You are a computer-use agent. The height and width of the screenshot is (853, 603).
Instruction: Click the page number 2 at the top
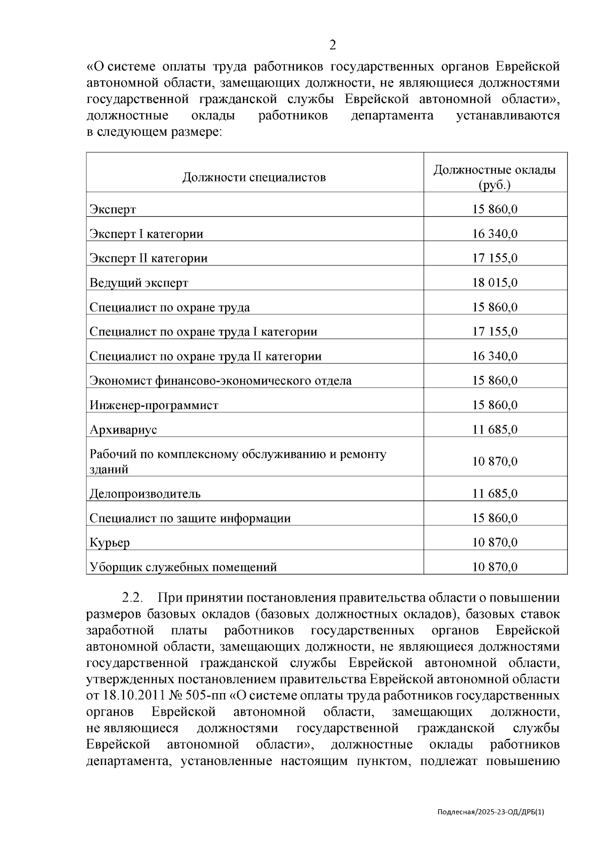pos(332,46)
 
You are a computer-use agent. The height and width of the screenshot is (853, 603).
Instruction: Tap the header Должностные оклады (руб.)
pos(494,177)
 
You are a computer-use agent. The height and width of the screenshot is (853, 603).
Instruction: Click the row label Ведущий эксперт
pos(139,283)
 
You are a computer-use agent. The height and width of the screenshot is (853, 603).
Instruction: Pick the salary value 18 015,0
pos(494,282)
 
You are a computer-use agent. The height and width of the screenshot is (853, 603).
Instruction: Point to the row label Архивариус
pos(123,430)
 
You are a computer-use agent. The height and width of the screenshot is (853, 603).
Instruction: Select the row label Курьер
pos(110,543)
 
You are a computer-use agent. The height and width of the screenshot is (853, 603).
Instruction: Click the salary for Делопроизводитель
pos(494,494)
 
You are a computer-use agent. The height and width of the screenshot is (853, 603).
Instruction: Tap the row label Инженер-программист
pos(154,405)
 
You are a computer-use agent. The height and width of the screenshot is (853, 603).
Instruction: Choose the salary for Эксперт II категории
pos(494,258)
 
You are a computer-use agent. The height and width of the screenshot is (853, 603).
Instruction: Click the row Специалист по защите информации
pos(190,518)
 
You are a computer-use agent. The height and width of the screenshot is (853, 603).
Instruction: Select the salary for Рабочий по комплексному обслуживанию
pos(494,461)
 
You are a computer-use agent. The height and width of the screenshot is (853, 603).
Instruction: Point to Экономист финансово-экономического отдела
pos(221,381)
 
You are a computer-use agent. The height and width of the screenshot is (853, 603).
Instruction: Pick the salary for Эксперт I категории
pos(494,234)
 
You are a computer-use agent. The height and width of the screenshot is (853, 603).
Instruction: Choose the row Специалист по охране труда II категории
pos(205,356)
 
